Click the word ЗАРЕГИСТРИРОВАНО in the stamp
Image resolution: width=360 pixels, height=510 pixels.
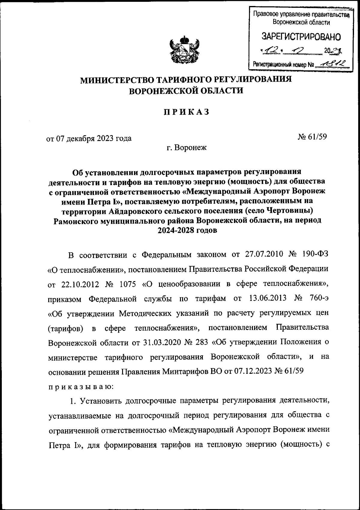click(301, 37)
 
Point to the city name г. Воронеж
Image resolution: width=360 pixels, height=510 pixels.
click(187, 148)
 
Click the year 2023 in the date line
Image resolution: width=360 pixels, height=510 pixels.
click(105, 139)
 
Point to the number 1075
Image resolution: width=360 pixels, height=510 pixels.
click(128, 284)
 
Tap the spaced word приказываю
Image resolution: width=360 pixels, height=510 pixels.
click(81, 386)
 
